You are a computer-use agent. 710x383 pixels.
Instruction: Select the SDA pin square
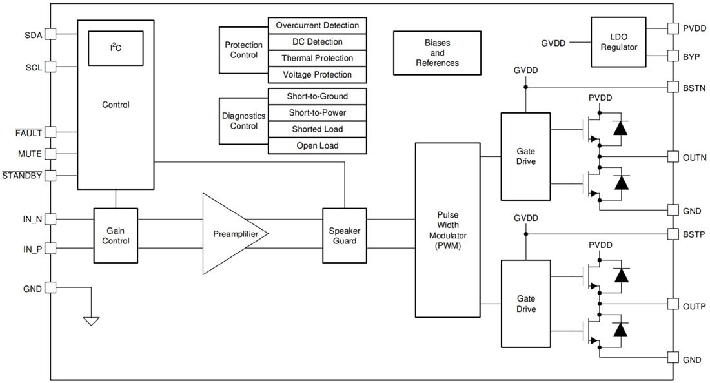click(51, 34)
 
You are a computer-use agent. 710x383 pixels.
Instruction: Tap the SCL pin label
click(34, 67)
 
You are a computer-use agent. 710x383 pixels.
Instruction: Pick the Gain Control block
click(116, 235)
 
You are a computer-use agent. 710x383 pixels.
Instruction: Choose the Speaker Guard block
click(345, 235)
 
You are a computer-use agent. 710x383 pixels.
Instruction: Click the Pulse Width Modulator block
click(447, 229)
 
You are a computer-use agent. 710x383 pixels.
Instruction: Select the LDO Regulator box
click(618, 42)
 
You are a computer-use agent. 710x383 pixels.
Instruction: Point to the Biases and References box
click(437, 53)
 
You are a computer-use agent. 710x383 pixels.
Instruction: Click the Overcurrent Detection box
click(317, 26)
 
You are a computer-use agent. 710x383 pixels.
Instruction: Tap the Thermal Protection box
click(317, 58)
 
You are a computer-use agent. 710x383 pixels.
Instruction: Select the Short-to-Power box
click(317, 113)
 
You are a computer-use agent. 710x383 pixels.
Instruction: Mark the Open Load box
click(317, 145)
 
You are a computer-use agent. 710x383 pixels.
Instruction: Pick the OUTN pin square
click(672, 157)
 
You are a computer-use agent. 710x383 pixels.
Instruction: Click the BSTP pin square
click(672, 233)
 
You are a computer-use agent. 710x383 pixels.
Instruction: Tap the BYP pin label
click(691, 57)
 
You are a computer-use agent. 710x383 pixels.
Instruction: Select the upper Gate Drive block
click(526, 156)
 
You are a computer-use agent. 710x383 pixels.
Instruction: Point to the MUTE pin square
click(51, 154)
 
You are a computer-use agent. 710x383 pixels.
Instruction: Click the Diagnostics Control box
click(243, 121)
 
